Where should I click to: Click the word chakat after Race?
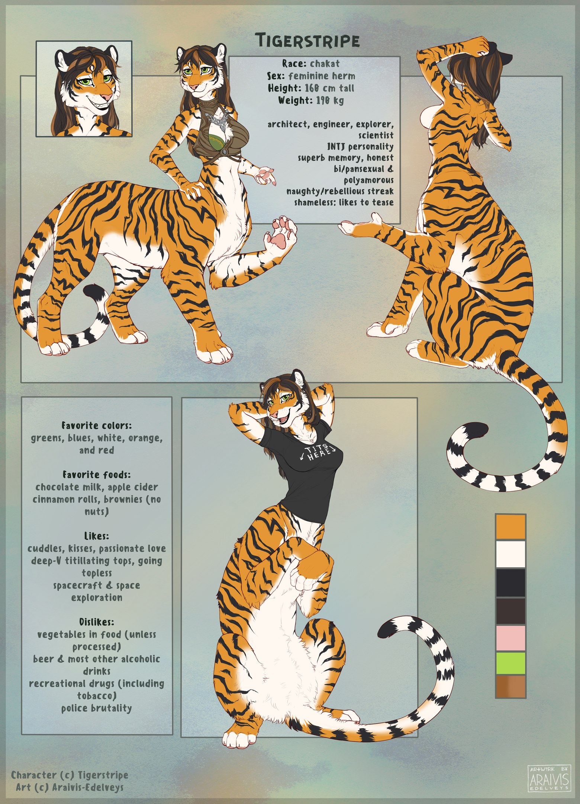click(x=325, y=63)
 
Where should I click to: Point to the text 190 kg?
click(x=330, y=100)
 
